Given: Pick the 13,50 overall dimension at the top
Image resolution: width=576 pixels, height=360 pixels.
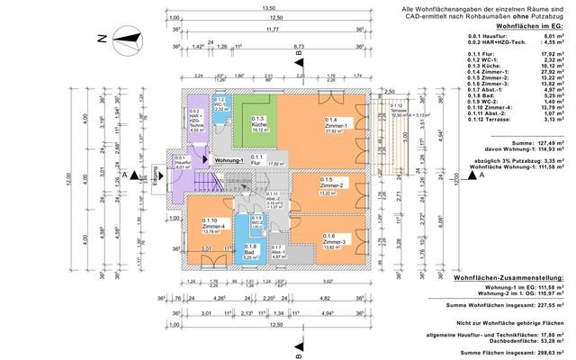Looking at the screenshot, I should (268, 8).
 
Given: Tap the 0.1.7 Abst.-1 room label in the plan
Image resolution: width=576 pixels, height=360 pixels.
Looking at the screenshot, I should (278, 252).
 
